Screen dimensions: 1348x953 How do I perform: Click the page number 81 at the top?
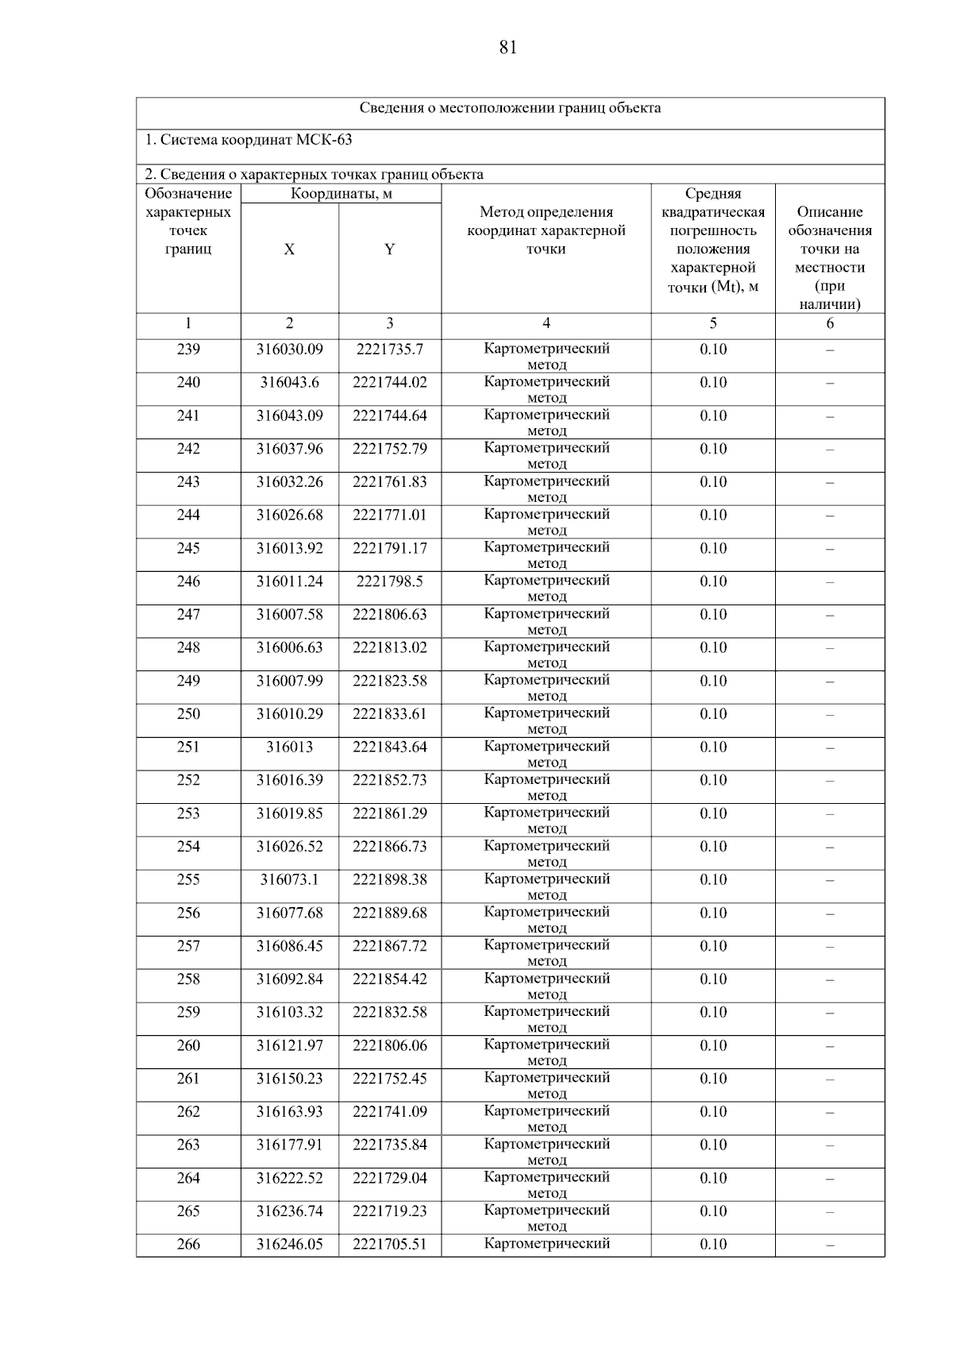508,48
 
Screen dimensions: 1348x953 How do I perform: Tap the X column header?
289,249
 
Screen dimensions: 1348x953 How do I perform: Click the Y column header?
389,249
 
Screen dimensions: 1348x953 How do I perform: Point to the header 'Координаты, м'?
341,194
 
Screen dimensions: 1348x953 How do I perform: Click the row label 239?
188,350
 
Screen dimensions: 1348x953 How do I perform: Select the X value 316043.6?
289,383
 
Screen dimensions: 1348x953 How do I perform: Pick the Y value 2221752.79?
389,449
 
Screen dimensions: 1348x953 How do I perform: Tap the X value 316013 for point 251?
289,747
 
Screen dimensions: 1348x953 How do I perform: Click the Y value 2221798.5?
389,581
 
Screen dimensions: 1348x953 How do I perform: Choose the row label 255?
188,880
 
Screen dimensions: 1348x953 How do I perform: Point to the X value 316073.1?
289,880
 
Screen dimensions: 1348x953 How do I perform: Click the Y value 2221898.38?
389,880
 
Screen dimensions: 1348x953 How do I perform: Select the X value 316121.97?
289,1046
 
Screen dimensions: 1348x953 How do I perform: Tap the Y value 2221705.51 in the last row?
389,1245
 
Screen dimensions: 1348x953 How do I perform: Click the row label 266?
188,1245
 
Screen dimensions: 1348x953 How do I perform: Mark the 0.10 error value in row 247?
712,615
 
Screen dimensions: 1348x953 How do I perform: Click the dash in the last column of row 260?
829,1047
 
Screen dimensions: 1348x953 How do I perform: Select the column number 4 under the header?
546,323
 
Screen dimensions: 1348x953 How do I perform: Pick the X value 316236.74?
289,1211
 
